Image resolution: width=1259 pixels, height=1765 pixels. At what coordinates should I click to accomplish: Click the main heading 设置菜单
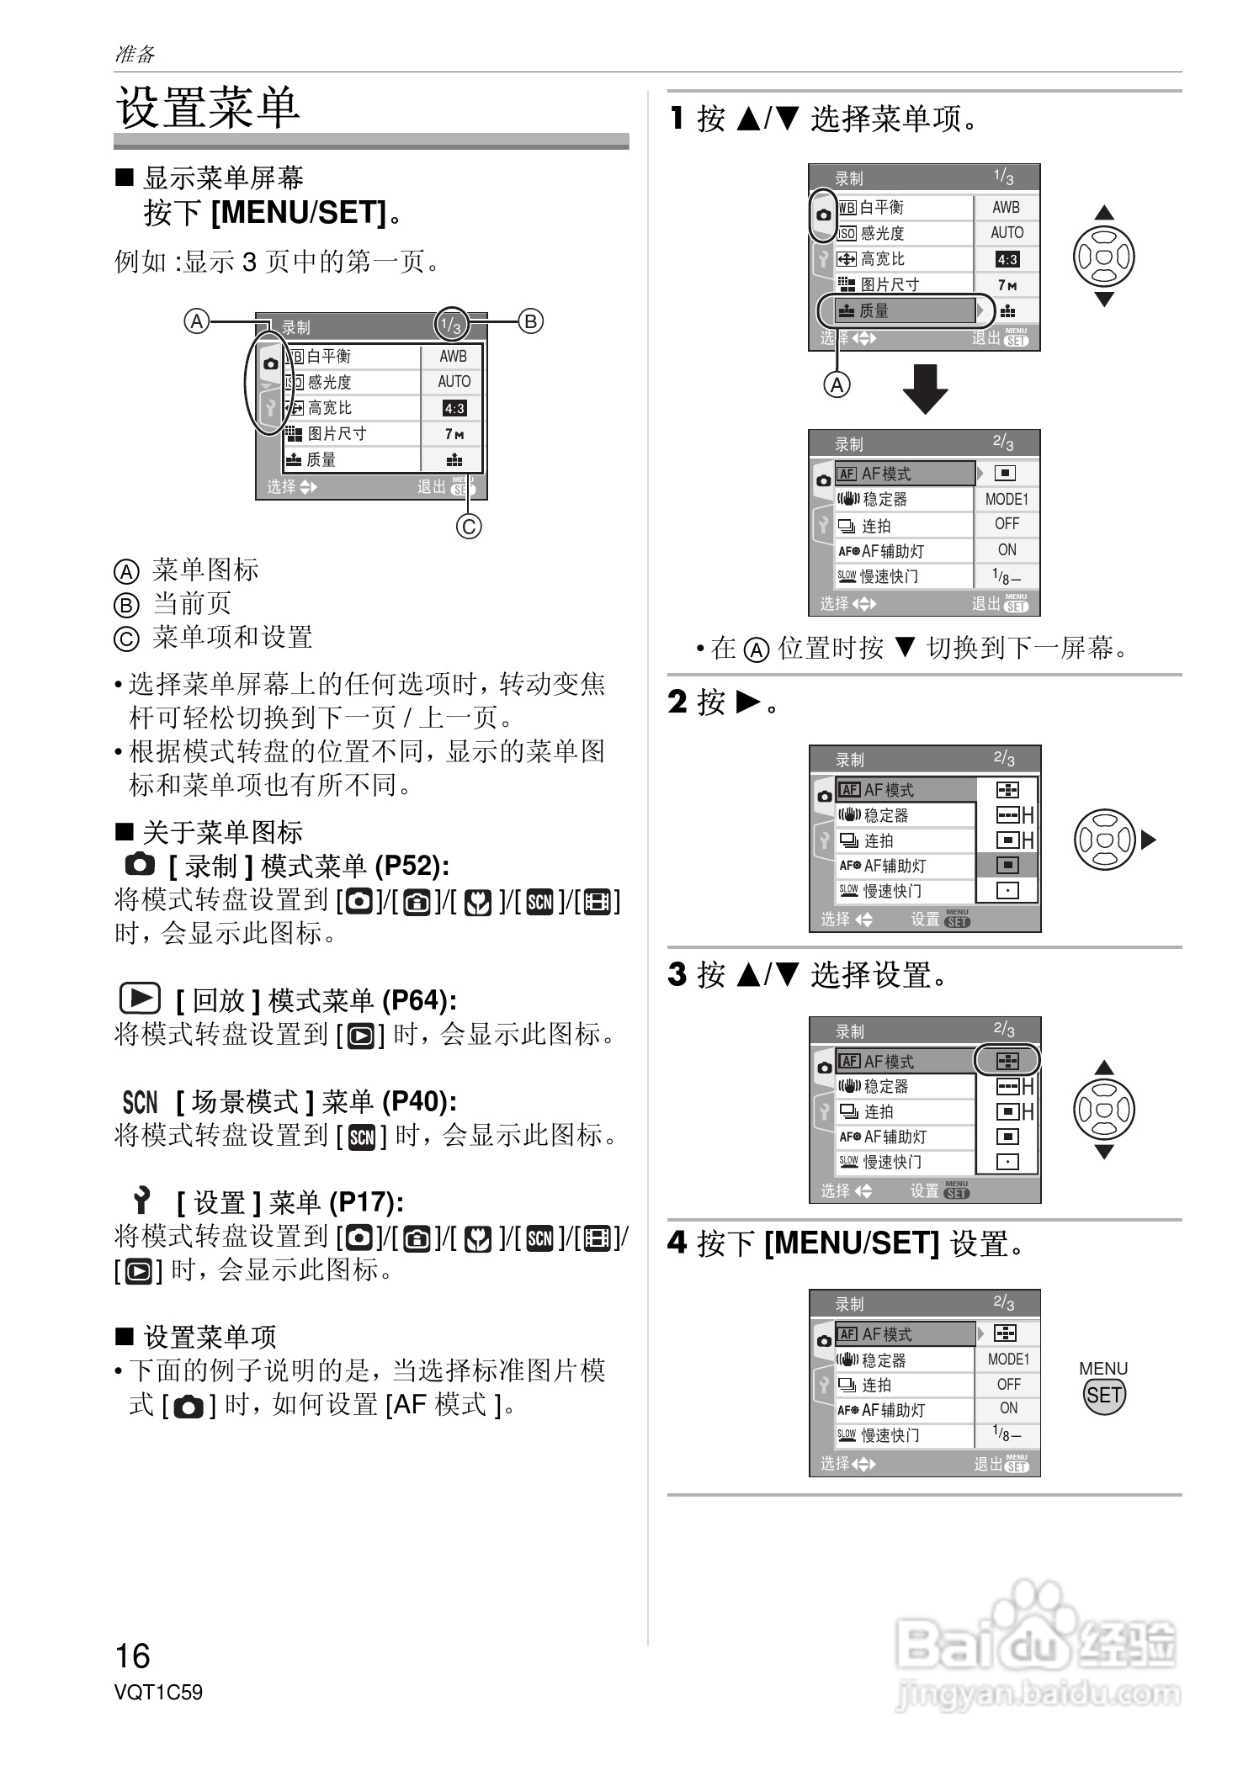[208, 108]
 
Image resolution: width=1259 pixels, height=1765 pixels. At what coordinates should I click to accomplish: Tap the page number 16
[132, 1656]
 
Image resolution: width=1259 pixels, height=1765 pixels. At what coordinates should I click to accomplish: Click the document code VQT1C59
[158, 1692]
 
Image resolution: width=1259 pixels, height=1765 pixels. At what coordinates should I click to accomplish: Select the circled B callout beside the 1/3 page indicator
[530, 321]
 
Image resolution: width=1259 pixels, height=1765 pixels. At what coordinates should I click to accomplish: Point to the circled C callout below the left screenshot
[469, 527]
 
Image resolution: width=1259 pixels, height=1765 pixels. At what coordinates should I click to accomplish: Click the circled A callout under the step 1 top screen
[837, 385]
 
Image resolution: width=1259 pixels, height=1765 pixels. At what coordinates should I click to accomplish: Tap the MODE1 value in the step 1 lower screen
[1007, 499]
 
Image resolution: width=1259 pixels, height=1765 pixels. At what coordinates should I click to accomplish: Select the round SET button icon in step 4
[1103, 1395]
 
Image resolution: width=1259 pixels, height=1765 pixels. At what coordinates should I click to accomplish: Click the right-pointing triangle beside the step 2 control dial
[1149, 840]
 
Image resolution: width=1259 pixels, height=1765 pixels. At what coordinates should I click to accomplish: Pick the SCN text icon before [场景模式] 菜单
[140, 1101]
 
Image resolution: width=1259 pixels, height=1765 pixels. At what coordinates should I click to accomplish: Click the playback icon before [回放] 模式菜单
[140, 999]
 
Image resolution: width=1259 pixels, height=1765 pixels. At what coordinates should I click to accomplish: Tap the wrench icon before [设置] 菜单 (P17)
[141, 1201]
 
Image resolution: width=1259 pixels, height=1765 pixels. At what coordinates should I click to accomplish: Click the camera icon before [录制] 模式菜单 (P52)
[140, 864]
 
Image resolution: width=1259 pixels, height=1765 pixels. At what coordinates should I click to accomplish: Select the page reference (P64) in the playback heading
[419, 1000]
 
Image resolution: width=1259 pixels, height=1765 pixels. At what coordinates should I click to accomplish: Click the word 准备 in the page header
[135, 55]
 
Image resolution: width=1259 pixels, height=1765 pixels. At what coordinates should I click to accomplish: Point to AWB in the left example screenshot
[453, 357]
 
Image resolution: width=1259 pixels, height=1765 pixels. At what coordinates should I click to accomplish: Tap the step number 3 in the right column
[677, 974]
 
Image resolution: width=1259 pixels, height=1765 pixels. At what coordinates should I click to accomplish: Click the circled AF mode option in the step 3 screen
[1007, 1061]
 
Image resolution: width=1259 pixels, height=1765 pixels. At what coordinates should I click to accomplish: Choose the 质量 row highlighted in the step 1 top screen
[905, 310]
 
